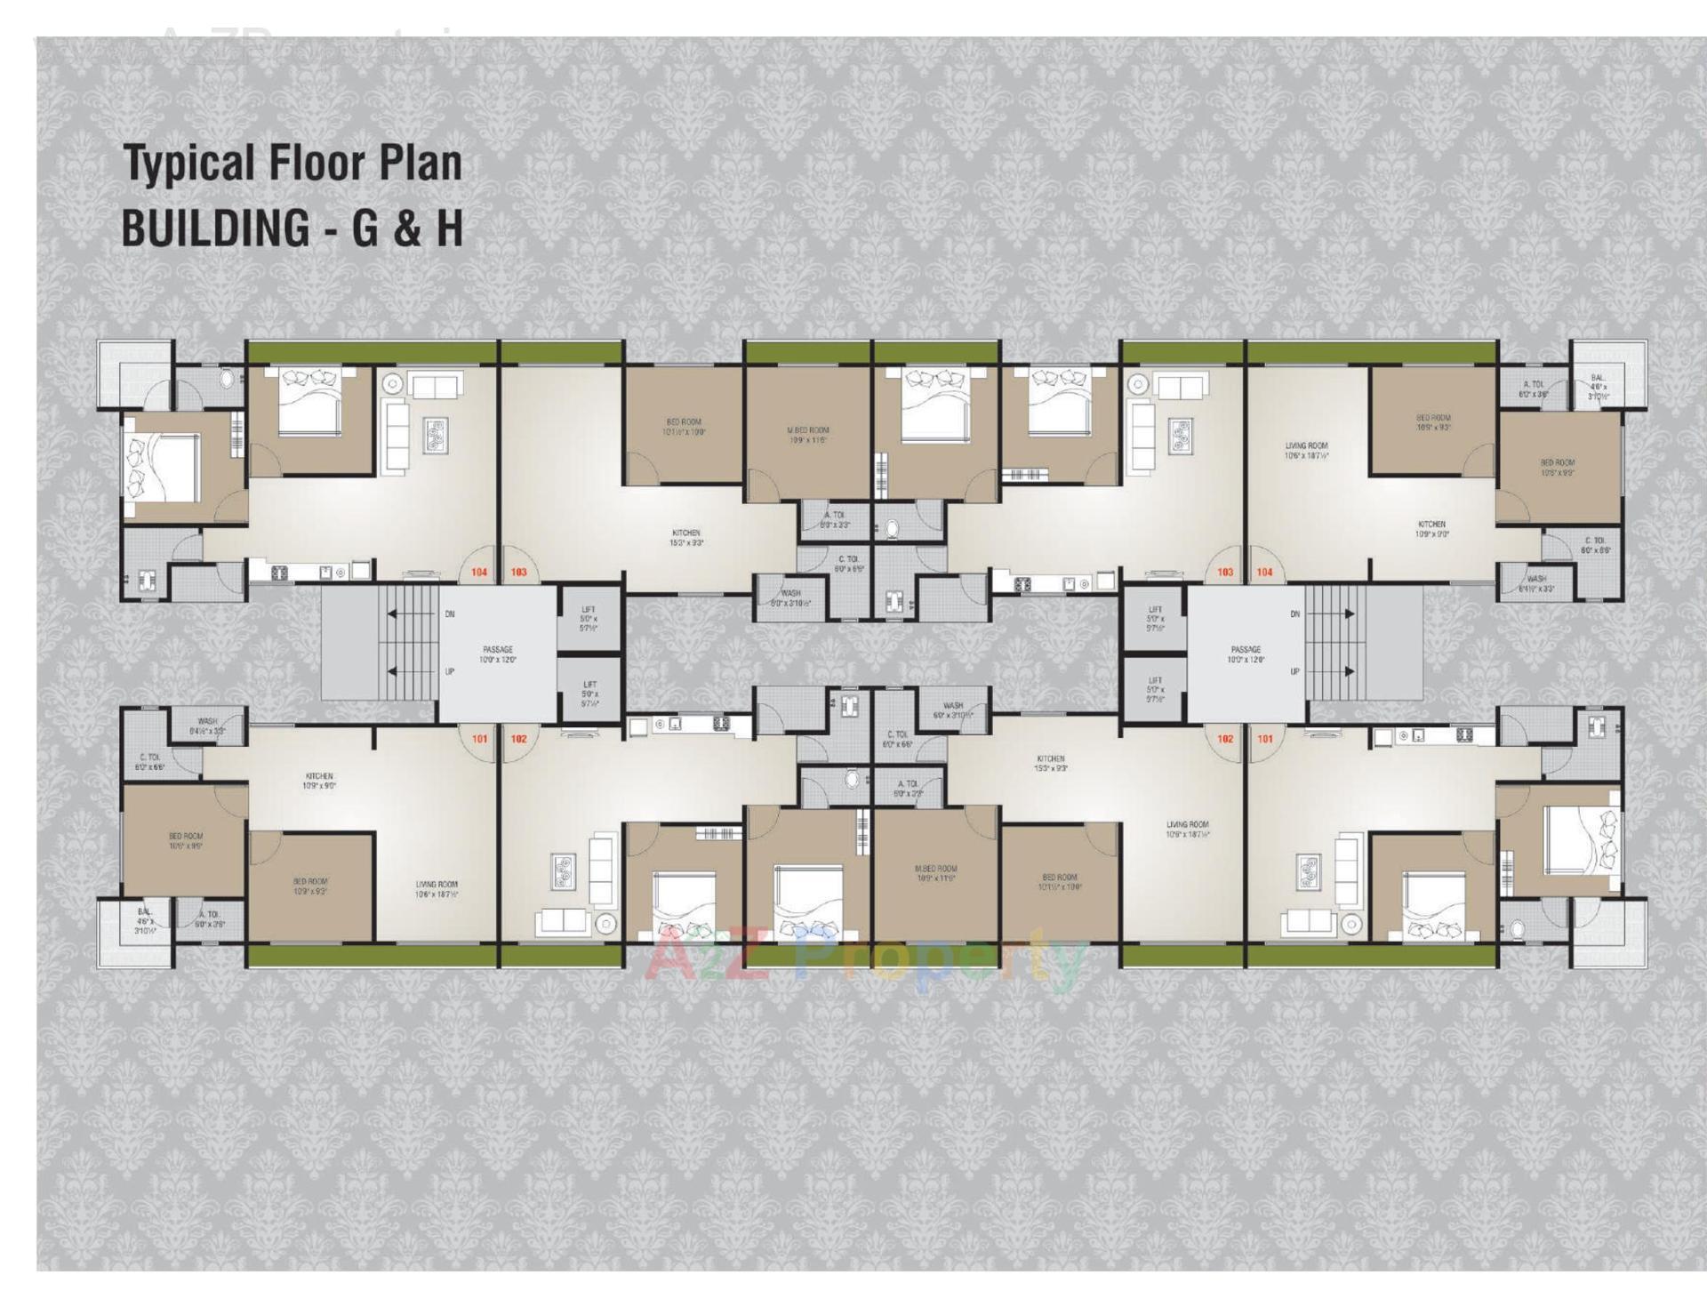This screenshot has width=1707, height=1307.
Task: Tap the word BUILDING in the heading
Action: [215, 228]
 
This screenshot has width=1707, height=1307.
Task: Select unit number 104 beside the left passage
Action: [479, 573]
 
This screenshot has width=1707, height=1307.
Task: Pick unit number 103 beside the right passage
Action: [1225, 573]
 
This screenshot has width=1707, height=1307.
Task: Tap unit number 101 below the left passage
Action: [479, 739]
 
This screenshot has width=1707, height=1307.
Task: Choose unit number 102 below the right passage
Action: [1225, 739]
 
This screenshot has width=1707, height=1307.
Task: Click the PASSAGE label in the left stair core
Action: [497, 650]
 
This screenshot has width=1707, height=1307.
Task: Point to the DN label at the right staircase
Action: [1295, 614]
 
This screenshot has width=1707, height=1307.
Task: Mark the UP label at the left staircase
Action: [450, 672]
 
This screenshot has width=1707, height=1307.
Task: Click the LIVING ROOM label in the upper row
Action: [1306, 446]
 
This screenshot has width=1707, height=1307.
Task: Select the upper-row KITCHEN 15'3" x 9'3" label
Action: [685, 533]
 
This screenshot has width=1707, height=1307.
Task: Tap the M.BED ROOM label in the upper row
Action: [807, 430]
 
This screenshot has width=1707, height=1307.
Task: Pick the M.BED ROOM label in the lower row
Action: [935, 869]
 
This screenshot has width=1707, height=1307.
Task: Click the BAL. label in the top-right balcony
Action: [1599, 379]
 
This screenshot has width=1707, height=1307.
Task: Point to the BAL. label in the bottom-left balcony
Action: [144, 912]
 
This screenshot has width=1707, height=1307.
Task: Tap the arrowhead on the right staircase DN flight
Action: [1350, 614]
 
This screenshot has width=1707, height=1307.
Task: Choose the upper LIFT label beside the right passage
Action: [1155, 610]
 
